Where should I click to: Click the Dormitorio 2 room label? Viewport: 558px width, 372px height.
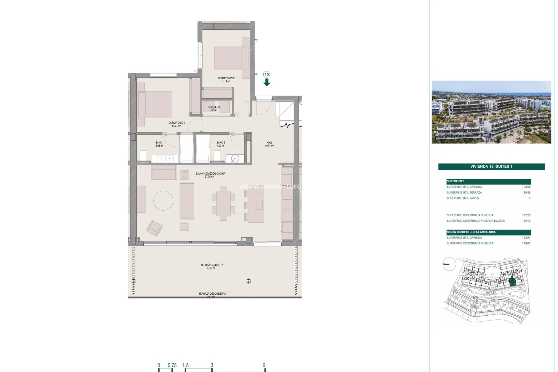[226, 78]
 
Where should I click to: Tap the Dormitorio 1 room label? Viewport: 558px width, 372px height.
[177, 123]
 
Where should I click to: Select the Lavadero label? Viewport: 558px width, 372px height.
[214, 107]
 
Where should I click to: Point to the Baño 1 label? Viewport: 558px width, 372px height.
[160, 143]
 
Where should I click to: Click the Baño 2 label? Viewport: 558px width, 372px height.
[221, 143]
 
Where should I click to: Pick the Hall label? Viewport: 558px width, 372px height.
[270, 143]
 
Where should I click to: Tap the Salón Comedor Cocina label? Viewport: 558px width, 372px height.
[210, 174]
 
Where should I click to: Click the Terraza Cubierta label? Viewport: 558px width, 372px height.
[212, 265]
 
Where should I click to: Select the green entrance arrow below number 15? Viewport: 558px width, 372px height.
[267, 83]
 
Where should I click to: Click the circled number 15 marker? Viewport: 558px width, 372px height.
[267, 74]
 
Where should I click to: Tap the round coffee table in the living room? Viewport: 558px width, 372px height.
[163, 201]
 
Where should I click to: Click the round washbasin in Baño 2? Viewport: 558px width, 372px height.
[235, 158]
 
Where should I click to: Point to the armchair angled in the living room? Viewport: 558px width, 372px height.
[154, 228]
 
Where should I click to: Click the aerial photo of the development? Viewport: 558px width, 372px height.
[491, 112]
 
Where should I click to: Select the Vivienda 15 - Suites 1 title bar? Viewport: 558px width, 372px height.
[491, 167]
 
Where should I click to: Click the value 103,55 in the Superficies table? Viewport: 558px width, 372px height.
[526, 187]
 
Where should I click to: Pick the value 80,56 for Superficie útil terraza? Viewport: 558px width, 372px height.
[527, 193]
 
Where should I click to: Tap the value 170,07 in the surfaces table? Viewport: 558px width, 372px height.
[526, 244]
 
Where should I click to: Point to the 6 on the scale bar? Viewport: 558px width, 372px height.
[264, 366]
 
